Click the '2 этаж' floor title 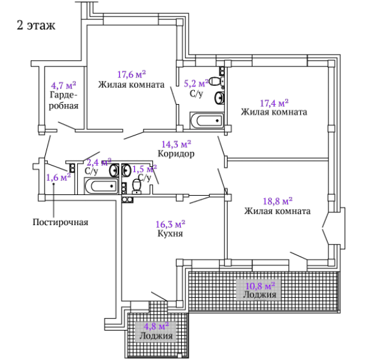pyautogui.click(x=36, y=25)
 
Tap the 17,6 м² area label pyautogui.click(x=132, y=74)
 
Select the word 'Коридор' pyautogui.click(x=176, y=154)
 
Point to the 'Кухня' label pyautogui.click(x=170, y=233)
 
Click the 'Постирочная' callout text pyautogui.click(x=60, y=222)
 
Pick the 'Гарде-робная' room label pyautogui.click(x=64, y=100)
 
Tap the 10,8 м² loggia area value pyautogui.click(x=260, y=285)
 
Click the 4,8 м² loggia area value pyautogui.click(x=156, y=326)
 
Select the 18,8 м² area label pyautogui.click(x=278, y=201)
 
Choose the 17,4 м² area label pyautogui.click(x=274, y=103)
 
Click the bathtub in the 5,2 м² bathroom pyautogui.click(x=207, y=120)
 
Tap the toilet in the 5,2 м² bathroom pyautogui.click(x=217, y=81)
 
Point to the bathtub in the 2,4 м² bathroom pyautogui.click(x=102, y=186)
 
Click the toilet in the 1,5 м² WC pyautogui.click(x=137, y=186)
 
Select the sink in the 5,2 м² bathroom pyautogui.click(x=220, y=98)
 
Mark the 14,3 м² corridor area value pyautogui.click(x=176, y=144)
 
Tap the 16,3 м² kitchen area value pyautogui.click(x=170, y=224)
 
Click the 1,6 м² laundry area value pyautogui.click(x=58, y=177)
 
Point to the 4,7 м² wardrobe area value pyautogui.click(x=63, y=85)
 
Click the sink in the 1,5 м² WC pyautogui.click(x=126, y=170)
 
